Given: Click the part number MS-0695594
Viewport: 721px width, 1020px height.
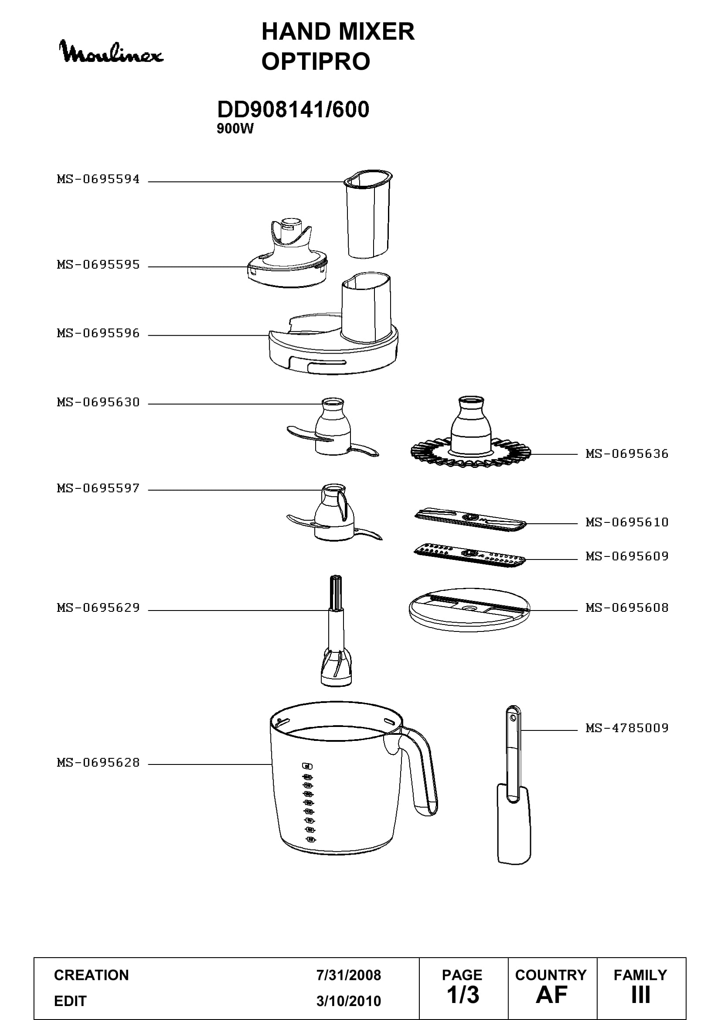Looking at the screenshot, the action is coord(99,179).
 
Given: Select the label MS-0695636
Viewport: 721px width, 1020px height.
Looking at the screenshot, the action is coord(627,454).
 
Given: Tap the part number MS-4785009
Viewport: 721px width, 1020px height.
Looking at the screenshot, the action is coord(627,728).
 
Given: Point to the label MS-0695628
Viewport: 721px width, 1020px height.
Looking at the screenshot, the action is coord(99,762).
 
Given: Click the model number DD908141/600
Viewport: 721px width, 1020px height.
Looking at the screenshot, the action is coord(293,109).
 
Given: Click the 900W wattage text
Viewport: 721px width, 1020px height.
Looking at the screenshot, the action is coord(235,129).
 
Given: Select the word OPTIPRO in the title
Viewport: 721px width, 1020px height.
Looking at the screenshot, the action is coord(316,61).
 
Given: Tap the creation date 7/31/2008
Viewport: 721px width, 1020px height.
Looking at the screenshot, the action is coord(349,975).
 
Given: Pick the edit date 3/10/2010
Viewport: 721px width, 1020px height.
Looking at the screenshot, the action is coord(349,1001).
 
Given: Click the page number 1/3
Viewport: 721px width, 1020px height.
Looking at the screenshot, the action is coord(463,995).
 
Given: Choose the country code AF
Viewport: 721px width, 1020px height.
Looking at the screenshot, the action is coord(551,995).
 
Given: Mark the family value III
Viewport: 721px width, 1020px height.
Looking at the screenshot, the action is coord(641,995).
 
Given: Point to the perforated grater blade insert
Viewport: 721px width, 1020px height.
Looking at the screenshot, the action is coord(470,555).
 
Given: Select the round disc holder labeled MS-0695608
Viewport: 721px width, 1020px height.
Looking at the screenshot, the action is coord(470,612).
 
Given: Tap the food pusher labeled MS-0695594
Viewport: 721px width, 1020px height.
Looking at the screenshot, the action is coord(368,213).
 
